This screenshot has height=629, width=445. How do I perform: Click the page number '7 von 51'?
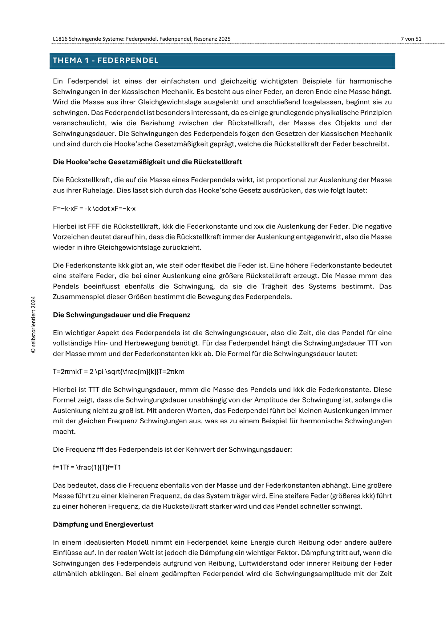[x=411, y=39]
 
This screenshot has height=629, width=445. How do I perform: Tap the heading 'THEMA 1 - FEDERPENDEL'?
[x=106, y=60]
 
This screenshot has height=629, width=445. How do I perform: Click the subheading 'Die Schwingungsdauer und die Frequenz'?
[x=122, y=315]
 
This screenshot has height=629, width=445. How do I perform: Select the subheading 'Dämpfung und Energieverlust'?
[x=103, y=524]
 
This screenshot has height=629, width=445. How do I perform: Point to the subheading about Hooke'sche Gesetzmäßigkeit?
[x=147, y=162]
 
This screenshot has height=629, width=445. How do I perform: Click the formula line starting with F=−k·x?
[x=94, y=209]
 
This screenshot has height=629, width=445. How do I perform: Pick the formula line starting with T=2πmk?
[x=119, y=372]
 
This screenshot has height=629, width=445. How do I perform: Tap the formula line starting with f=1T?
[x=87, y=467]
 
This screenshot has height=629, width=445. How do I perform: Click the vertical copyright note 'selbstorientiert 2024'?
[x=34, y=325]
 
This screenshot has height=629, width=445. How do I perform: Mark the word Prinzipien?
[x=375, y=113]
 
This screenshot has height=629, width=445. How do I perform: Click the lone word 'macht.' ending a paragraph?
[x=64, y=432]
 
